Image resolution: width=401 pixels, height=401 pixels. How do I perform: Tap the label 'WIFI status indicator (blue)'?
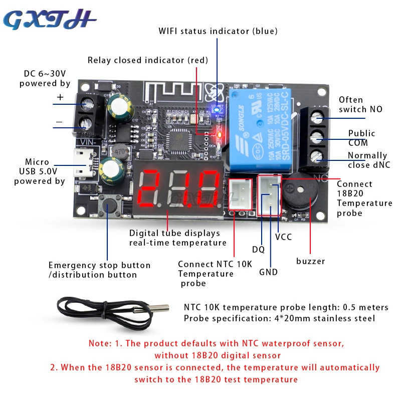(218, 31)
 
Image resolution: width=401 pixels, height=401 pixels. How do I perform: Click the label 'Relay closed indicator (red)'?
(147, 60)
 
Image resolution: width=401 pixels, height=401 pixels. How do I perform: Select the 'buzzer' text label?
(310, 261)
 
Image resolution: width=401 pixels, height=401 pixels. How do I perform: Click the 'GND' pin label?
(268, 272)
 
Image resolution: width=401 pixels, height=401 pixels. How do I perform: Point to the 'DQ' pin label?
(258, 249)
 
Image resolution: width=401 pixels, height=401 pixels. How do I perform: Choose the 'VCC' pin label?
(283, 237)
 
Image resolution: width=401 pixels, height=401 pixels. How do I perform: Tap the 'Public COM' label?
(361, 138)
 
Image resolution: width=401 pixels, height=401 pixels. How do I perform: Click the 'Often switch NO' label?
(360, 104)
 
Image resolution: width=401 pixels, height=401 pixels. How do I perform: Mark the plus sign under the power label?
(60, 98)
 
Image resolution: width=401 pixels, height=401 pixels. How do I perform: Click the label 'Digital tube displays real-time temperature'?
(178, 238)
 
